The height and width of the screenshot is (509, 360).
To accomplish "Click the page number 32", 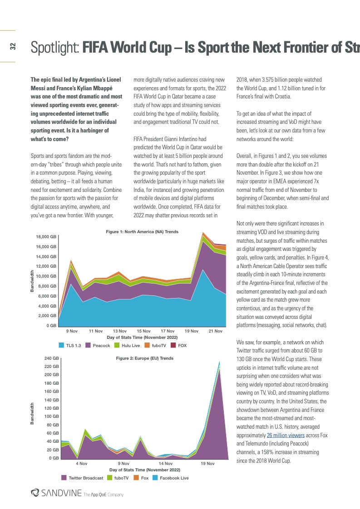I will point(12,46).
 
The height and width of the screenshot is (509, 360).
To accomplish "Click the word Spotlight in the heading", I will point(54,46).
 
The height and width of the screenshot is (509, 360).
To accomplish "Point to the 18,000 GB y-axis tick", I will point(46,237).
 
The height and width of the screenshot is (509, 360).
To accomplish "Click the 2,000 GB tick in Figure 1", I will point(47,316).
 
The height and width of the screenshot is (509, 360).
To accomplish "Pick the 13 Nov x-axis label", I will point(120,331).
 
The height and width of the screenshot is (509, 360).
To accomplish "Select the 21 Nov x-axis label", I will point(215,331).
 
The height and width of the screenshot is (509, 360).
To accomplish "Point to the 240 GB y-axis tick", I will point(50,358).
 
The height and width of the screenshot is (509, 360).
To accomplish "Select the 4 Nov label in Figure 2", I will point(81,464).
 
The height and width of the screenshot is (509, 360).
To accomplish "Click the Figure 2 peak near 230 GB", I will point(220,362).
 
